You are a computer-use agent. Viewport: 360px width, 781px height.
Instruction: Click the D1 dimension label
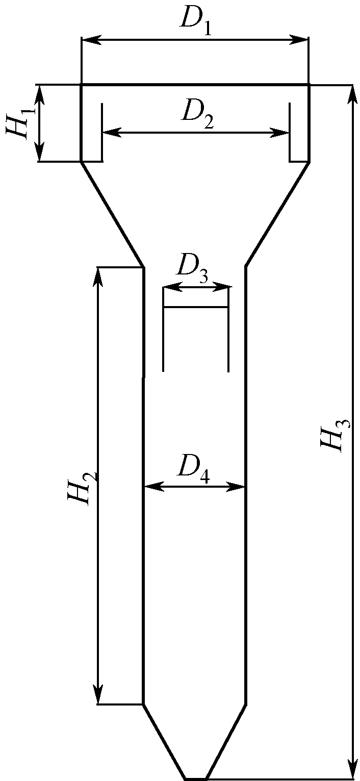[196, 20]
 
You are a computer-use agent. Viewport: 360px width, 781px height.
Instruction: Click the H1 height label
[19, 121]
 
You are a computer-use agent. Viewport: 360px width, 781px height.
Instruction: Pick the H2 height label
[82, 487]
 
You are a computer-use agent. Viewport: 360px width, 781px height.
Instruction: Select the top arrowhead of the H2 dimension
[97, 274]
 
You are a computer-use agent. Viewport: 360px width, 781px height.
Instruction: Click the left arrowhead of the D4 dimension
[151, 486]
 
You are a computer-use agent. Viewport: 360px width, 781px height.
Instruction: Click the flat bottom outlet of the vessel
[195, 778]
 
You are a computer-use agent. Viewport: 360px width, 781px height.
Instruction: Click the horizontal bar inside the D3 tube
[195, 307]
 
